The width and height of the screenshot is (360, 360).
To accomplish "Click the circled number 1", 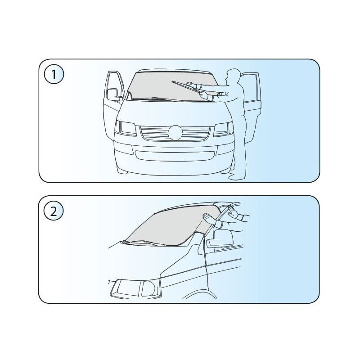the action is (54, 75).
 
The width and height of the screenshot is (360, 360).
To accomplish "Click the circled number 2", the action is (54, 211).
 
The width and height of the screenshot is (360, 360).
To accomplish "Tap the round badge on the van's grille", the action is (175, 133).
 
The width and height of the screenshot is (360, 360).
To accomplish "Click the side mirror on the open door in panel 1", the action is (114, 94).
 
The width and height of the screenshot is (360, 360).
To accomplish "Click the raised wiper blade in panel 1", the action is (186, 87).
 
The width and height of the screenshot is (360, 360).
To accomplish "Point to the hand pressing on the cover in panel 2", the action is (210, 218).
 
